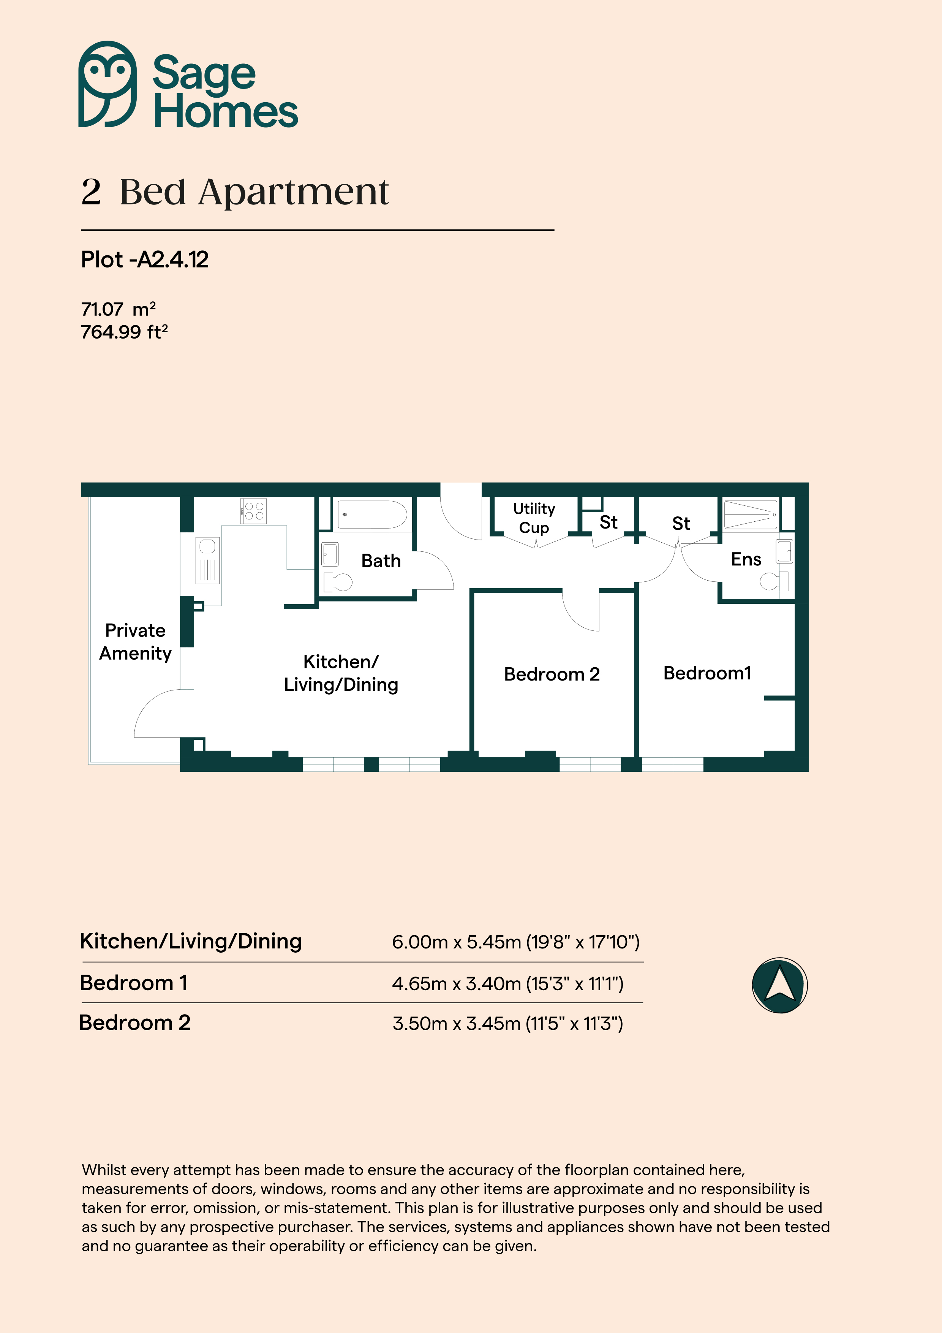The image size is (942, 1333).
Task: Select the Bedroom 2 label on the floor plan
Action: pyautogui.click(x=552, y=674)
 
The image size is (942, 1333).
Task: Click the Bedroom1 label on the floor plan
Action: pyautogui.click(x=707, y=673)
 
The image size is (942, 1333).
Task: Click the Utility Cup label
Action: pyautogui.click(x=534, y=518)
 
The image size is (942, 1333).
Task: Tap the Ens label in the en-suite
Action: pyautogui.click(x=746, y=559)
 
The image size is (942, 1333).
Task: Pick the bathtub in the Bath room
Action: pyautogui.click(x=372, y=515)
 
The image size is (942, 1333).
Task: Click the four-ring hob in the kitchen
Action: pyautogui.click(x=254, y=511)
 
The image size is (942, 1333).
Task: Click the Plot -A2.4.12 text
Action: pyautogui.click(x=144, y=260)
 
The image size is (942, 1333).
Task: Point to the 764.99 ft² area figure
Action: pyautogui.click(x=124, y=332)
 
